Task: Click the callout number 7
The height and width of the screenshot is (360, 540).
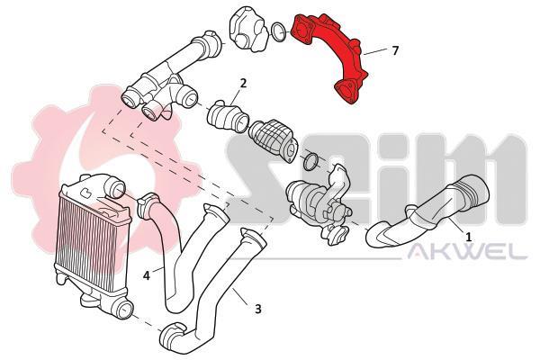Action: point(395,50)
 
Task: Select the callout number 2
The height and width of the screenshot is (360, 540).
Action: point(243,83)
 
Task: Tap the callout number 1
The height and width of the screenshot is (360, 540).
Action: point(468,237)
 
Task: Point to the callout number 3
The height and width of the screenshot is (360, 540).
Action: point(258,309)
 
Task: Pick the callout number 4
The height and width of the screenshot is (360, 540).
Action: point(147,275)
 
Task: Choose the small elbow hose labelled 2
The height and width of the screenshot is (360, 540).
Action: point(228,117)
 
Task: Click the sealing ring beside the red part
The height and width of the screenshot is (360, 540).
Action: point(279,32)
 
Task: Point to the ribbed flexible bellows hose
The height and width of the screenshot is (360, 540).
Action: point(272,140)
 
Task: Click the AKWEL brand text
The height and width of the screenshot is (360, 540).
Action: point(467,252)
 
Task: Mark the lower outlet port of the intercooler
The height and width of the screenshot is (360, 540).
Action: point(124,309)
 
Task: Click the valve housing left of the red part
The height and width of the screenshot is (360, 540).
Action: point(248,30)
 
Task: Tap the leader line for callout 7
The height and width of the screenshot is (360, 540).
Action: point(375,52)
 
